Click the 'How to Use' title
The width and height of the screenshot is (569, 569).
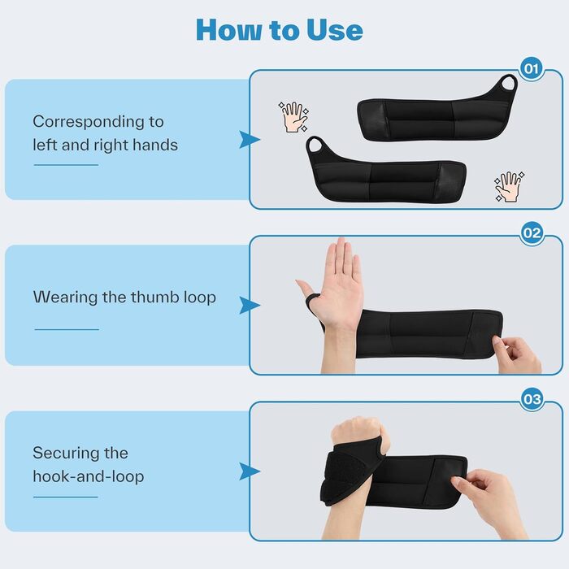pos(280,29)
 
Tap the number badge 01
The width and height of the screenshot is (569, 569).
pos(532,68)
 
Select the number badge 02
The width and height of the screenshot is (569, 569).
pos(532,233)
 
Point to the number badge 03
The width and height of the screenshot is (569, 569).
pos(532,399)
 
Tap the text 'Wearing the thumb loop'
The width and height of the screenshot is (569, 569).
pos(124,298)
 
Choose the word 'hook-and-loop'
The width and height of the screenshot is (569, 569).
pos(88,476)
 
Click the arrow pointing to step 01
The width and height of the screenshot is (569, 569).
pos(250,140)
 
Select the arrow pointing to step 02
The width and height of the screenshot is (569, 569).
pos(250,306)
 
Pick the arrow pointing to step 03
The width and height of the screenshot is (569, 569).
pos(250,471)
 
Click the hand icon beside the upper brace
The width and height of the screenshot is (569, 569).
pos(294,117)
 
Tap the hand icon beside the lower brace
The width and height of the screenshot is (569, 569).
pos(510,187)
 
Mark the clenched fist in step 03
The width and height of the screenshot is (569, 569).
pos(359,432)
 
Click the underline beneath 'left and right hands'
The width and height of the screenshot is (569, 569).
pos(67,165)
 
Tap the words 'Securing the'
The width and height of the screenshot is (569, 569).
pos(80,453)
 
